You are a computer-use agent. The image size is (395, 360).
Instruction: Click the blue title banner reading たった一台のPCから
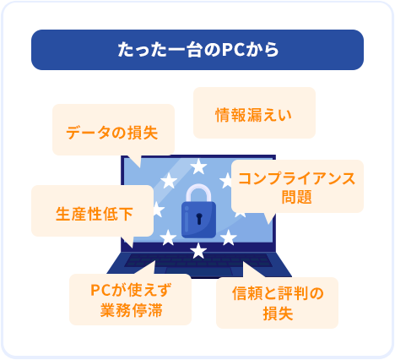click(x=197, y=50)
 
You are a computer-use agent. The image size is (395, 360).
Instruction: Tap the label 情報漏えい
click(x=254, y=115)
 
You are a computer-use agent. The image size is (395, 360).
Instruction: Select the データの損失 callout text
click(x=112, y=133)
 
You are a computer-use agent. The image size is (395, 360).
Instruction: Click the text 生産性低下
click(x=95, y=214)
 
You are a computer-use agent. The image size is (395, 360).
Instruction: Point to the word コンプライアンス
click(x=297, y=178)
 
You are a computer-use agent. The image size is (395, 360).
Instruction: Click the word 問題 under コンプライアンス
click(x=297, y=197)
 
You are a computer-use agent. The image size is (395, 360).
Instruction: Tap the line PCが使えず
click(x=131, y=290)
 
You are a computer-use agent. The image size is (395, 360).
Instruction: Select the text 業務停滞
click(x=131, y=310)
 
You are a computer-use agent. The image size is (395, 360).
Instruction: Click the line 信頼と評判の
click(x=278, y=293)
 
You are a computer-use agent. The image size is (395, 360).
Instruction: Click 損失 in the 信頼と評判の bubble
click(x=278, y=314)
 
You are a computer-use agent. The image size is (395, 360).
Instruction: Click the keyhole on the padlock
click(x=199, y=219)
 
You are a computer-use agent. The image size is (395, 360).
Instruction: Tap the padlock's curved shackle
click(x=198, y=194)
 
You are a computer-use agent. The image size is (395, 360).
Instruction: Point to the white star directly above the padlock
click(x=198, y=166)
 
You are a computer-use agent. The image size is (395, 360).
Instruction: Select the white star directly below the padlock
click(x=198, y=251)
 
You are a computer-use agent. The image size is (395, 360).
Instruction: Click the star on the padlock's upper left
click(x=169, y=180)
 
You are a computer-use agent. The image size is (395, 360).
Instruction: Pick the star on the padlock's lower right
click(x=229, y=237)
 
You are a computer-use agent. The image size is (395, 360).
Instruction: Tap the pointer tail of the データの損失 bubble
click(x=134, y=161)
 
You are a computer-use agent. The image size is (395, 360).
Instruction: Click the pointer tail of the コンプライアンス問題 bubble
click(x=269, y=217)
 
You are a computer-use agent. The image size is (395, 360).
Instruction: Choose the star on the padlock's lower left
click(x=168, y=237)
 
